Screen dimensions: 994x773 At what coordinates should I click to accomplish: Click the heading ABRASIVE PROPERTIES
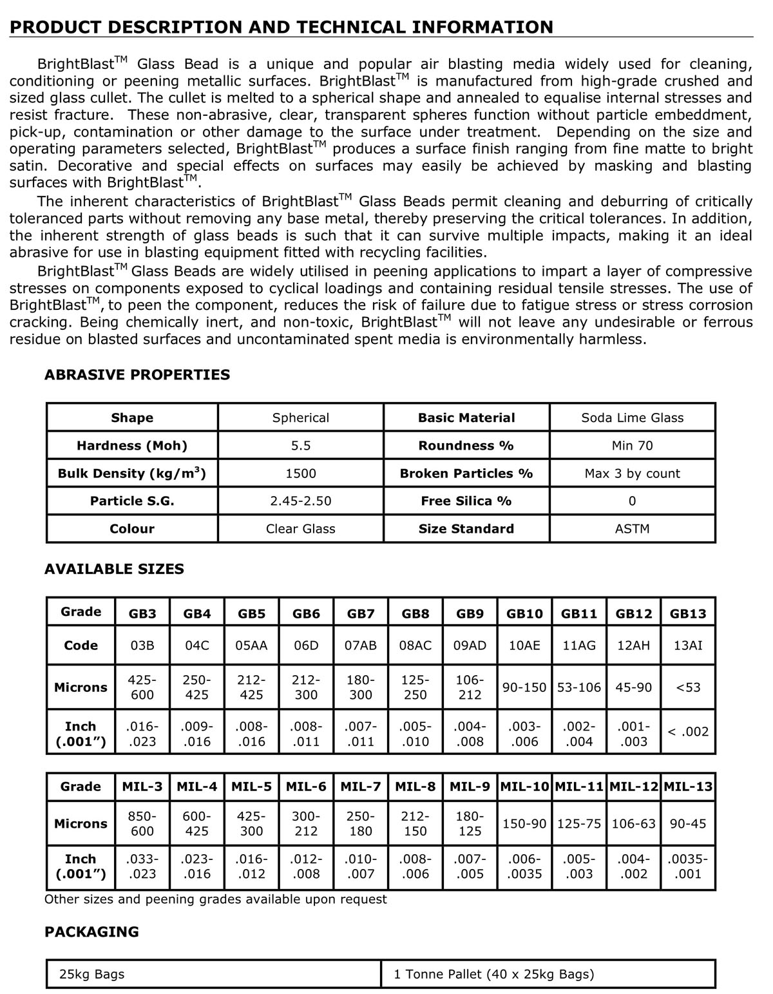click(x=137, y=375)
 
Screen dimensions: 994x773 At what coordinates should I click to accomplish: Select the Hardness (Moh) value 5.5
click(x=300, y=445)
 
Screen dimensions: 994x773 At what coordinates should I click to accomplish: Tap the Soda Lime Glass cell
click(x=632, y=417)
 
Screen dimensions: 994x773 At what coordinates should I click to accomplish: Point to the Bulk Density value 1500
click(x=300, y=473)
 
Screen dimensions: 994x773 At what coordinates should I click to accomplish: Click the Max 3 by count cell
click(x=632, y=473)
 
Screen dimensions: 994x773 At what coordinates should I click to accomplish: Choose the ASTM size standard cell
click(x=632, y=529)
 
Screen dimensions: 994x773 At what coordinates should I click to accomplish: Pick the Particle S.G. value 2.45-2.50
click(x=300, y=501)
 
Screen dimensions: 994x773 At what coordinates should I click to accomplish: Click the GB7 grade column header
click(x=361, y=614)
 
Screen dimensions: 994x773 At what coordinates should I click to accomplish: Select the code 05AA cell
click(x=251, y=645)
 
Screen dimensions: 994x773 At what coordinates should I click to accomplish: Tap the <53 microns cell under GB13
click(x=688, y=687)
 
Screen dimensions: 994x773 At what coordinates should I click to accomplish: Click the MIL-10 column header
click(x=524, y=787)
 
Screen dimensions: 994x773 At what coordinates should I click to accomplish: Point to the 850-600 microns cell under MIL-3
click(x=142, y=823)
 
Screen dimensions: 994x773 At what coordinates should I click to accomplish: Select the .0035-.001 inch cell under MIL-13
click(x=688, y=866)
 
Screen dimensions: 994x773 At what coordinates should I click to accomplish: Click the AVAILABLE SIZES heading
click(x=114, y=569)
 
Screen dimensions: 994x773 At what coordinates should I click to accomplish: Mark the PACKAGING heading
click(x=91, y=932)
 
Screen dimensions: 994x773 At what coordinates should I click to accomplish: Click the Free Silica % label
click(x=466, y=501)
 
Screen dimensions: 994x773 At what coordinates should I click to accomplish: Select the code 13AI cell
click(x=688, y=645)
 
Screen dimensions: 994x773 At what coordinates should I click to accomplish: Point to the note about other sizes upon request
click(x=215, y=899)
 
